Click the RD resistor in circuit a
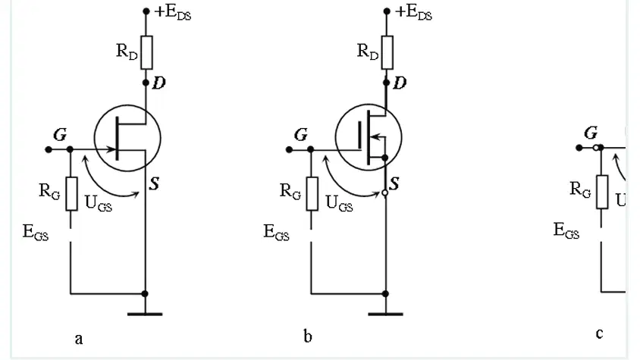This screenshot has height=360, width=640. click(146, 52)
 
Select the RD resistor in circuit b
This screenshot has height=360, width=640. click(387, 52)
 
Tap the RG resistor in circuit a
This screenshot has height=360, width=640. click(71, 194)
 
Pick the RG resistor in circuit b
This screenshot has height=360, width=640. click(312, 194)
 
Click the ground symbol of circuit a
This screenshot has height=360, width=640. click(145, 314)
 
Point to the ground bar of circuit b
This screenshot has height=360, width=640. click(386, 314)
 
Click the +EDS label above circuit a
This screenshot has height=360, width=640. click(173, 13)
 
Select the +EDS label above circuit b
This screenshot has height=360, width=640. click(413, 13)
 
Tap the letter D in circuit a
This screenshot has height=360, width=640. click(158, 83)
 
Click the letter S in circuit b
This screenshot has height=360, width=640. click(394, 183)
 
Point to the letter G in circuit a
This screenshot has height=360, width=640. click(60, 134)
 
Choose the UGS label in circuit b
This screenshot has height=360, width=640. click(339, 203)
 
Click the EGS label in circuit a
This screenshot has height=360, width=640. click(36, 233)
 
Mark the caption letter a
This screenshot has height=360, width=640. click(79, 339)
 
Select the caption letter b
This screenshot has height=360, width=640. click(308, 336)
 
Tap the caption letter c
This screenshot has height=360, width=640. click(599, 333)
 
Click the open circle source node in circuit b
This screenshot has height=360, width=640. click(385, 193)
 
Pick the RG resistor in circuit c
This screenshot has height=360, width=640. click(602, 192)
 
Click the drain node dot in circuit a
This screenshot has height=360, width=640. click(146, 83)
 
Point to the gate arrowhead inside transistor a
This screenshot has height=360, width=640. click(111, 149)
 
